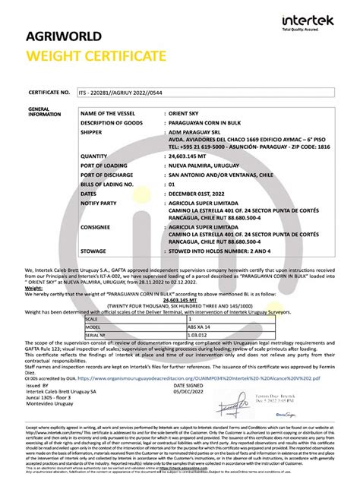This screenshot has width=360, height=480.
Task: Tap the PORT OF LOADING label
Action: (104, 166)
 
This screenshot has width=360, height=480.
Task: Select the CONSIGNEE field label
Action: (96, 226)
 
